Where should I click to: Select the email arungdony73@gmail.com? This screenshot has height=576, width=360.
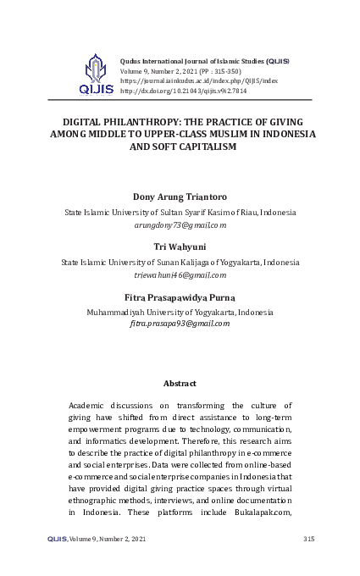[180, 225]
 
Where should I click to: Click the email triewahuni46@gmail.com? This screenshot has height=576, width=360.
[180, 274]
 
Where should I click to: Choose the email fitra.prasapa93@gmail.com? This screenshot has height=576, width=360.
[180, 324]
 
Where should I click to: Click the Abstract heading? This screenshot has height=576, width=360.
[180, 384]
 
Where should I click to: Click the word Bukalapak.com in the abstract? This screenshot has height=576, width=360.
[265, 512]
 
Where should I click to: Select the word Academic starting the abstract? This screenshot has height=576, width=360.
[89, 406]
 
